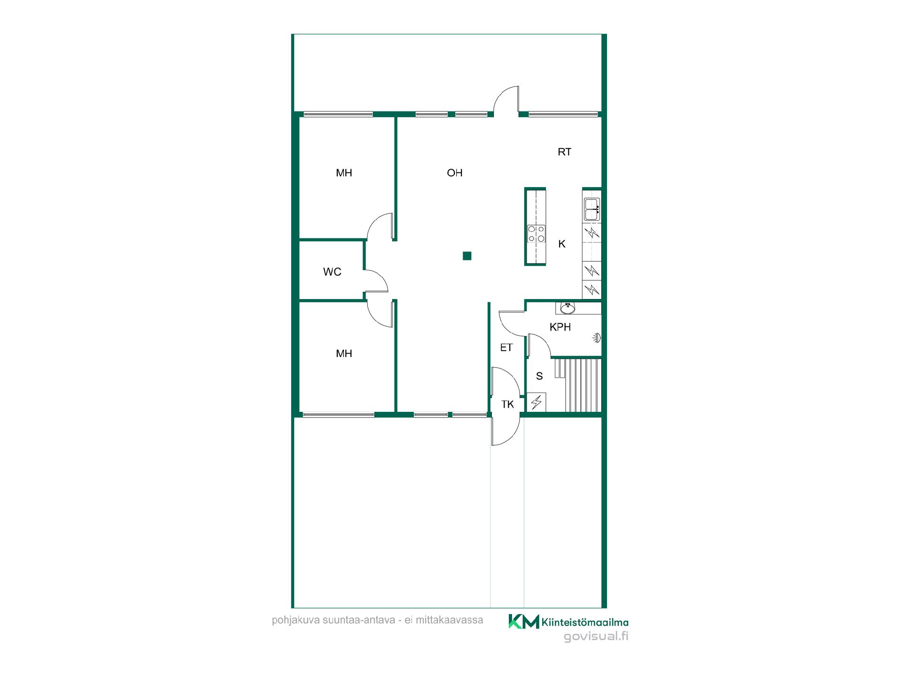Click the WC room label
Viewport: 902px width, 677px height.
(x=332, y=272)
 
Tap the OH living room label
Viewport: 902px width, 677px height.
(x=455, y=173)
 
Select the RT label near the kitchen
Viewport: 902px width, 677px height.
(x=564, y=152)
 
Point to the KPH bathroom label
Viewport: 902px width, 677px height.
(x=560, y=327)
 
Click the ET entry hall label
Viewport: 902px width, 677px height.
(x=506, y=347)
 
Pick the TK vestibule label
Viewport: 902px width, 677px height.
(x=507, y=404)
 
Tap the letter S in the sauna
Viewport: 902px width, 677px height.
(x=539, y=376)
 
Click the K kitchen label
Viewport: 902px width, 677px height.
(x=562, y=244)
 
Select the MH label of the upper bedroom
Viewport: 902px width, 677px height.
(x=344, y=173)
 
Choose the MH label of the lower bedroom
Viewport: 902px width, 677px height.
(x=344, y=354)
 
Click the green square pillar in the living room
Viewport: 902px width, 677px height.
(x=467, y=256)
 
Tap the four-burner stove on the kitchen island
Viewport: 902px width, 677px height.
(x=536, y=234)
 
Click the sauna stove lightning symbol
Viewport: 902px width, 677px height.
(x=536, y=402)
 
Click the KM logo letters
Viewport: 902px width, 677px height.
(x=524, y=622)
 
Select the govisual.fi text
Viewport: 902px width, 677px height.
(x=596, y=637)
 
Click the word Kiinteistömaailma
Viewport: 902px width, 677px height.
(x=585, y=622)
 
